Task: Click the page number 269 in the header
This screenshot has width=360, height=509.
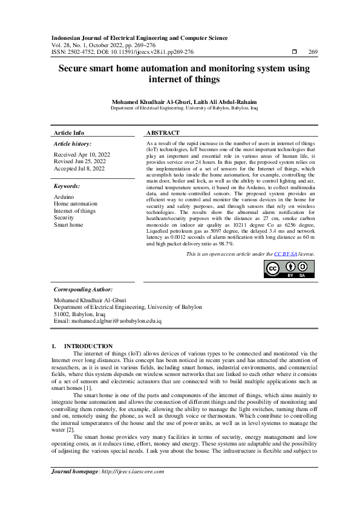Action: point(313,53)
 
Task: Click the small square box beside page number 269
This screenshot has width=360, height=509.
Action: point(295,53)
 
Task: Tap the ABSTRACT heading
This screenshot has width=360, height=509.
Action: point(163,132)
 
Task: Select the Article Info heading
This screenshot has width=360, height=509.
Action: point(69,132)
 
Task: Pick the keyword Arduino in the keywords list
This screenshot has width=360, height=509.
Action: point(64,197)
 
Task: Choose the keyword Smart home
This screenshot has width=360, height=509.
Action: point(68,224)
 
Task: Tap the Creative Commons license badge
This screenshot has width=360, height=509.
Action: point(290,285)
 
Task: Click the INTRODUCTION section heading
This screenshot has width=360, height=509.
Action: point(88,346)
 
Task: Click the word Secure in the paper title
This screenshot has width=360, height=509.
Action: point(76,68)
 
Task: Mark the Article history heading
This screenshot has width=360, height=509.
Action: point(73,144)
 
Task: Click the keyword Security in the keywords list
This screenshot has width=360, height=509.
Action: point(65,218)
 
